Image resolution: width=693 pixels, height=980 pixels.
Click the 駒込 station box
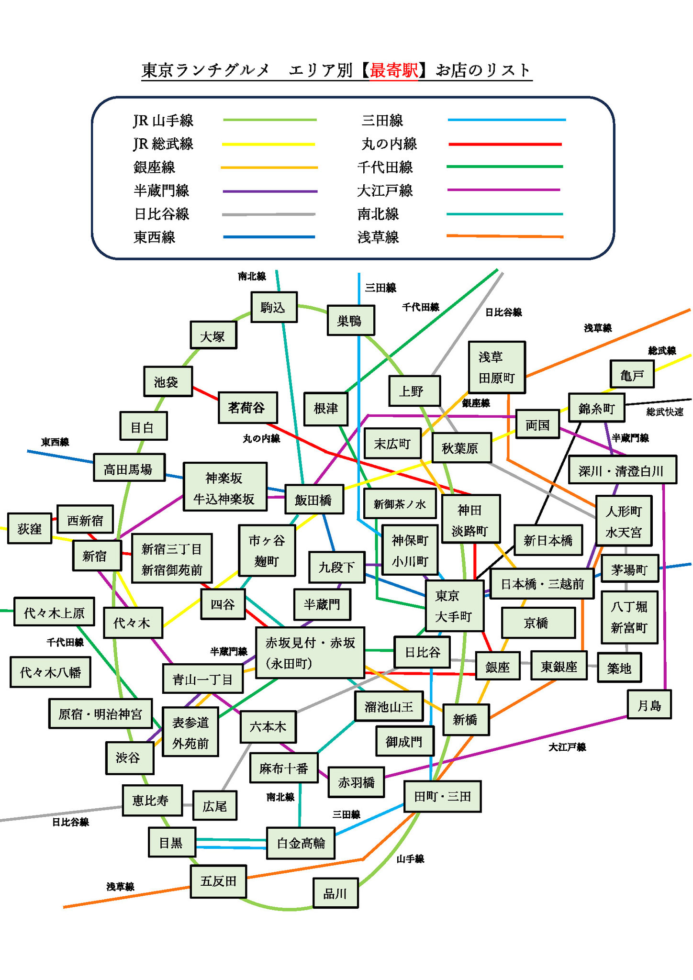tap(274, 307)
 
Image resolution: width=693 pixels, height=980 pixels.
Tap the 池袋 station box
tap(168, 381)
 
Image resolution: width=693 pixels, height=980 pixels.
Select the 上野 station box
tap(414, 391)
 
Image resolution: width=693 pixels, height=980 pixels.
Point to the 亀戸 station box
tap(632, 375)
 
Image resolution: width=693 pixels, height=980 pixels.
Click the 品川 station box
tap(335, 893)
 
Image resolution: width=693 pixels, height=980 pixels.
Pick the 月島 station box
tap(649, 705)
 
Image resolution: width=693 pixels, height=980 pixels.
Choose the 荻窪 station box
tap(30, 528)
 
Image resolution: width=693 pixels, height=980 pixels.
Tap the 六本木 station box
tap(268, 727)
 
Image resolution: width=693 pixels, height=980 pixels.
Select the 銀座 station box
tap(497, 666)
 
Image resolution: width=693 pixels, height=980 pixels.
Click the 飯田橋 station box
tap(314, 500)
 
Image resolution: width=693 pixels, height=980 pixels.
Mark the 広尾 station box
tap(214, 806)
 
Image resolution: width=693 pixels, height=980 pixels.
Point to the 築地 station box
tap(619, 668)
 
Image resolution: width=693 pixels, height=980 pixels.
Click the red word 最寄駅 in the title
tap(393, 70)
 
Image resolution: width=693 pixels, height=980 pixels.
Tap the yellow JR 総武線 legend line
tap(268, 144)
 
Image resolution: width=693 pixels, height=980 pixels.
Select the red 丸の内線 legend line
tap(505, 144)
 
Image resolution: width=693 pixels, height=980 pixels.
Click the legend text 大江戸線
tap(385, 190)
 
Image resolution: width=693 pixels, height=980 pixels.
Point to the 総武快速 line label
tap(665, 412)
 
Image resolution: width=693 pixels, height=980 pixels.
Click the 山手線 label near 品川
tap(410, 859)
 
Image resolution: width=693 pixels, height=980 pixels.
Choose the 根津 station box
tap(326, 408)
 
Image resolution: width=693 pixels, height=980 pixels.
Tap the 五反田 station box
tap(219, 881)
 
